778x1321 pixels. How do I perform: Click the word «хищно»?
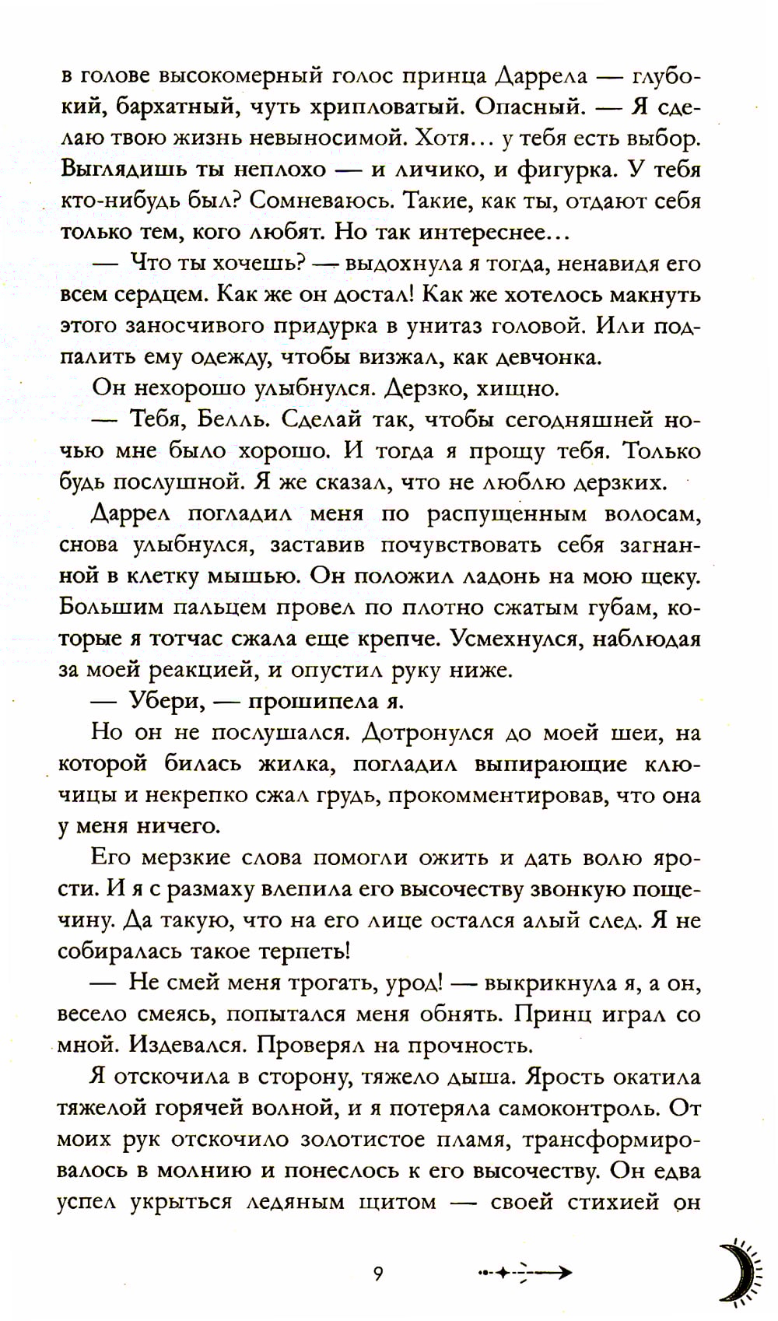tap(496, 388)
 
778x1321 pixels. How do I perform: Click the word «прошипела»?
tap(310, 701)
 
